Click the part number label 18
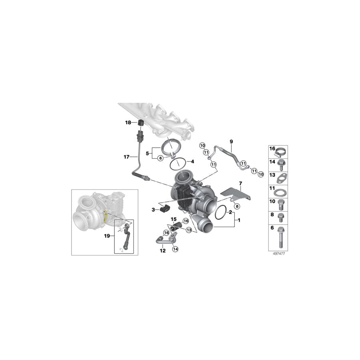128,123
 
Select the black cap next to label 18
141,123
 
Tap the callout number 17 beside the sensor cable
126,157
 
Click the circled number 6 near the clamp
160,158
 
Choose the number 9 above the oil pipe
231,142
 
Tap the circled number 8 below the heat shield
237,206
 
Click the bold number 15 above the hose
174,219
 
